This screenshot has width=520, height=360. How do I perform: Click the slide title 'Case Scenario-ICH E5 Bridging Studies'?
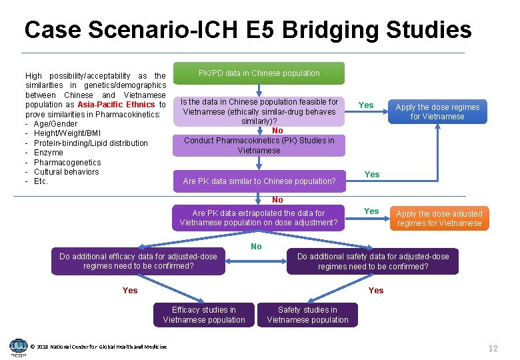pos(247,30)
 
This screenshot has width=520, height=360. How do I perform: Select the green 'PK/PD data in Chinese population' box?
pos(259,73)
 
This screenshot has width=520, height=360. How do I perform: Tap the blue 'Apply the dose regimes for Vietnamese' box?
pos(437,111)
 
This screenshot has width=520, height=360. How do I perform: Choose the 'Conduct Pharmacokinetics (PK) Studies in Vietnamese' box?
pos(259,145)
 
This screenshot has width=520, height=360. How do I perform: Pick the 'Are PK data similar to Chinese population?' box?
pos(259,181)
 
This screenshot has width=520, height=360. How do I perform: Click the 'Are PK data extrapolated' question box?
pos(259,218)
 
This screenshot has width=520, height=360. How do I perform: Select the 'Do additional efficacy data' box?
pos(138,261)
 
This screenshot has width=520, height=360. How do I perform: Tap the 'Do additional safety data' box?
pos(373,261)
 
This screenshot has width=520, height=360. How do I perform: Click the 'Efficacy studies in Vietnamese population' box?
pos(204,315)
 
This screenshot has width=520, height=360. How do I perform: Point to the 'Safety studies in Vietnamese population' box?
pos(307,315)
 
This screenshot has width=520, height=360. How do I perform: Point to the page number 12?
pos(493,349)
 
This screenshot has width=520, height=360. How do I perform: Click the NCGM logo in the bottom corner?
pos(18,347)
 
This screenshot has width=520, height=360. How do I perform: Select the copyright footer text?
pos(99,346)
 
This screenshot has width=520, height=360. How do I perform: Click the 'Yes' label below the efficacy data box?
pos(130,290)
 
